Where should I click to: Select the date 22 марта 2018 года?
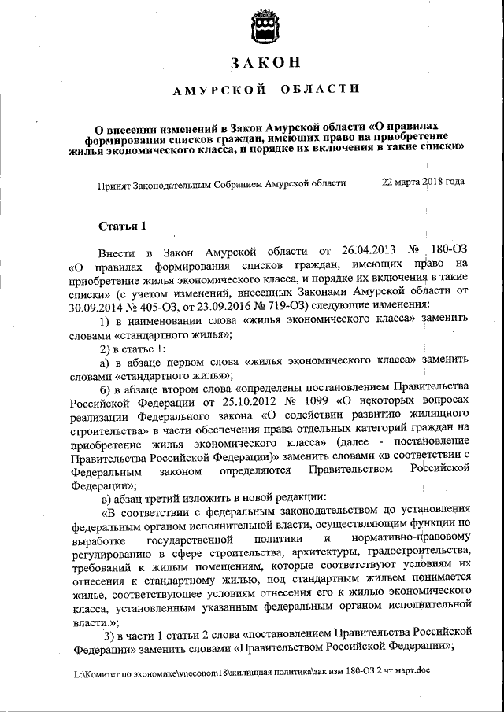423,182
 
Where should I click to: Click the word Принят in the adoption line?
115,183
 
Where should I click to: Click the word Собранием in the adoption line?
248,183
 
